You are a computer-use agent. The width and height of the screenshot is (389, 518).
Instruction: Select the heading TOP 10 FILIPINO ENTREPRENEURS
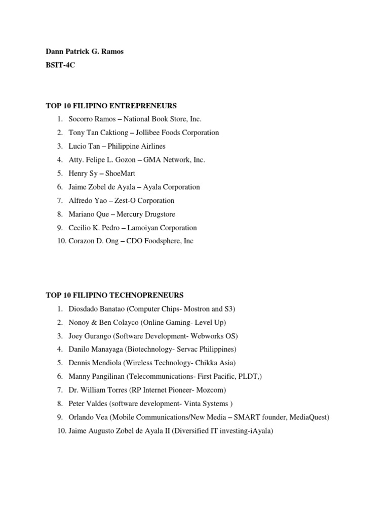(111, 106)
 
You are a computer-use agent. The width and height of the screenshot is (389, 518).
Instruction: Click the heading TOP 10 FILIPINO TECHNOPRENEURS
(114, 295)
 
